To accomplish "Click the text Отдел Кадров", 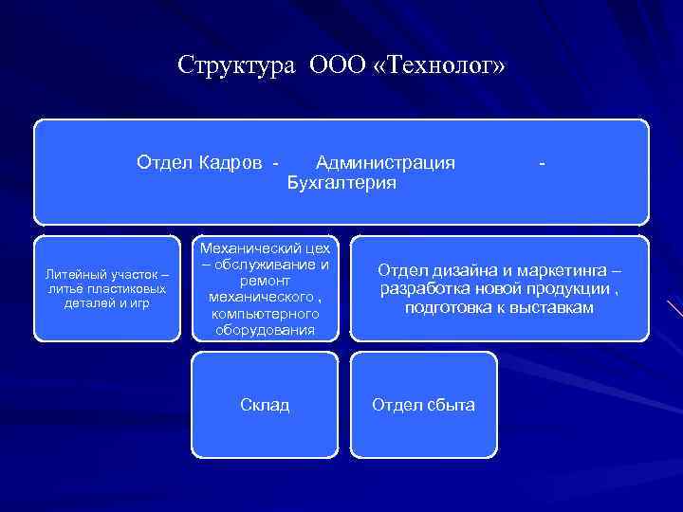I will tap(199, 162).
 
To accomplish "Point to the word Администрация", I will tap(385, 162).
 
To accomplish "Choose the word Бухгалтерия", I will tap(341, 183).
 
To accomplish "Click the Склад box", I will tap(264, 405).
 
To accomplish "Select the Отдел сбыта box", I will tap(423, 405).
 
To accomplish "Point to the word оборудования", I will tap(264, 330).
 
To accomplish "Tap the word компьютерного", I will tap(264, 313).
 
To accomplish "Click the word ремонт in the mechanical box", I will tap(264, 281).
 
